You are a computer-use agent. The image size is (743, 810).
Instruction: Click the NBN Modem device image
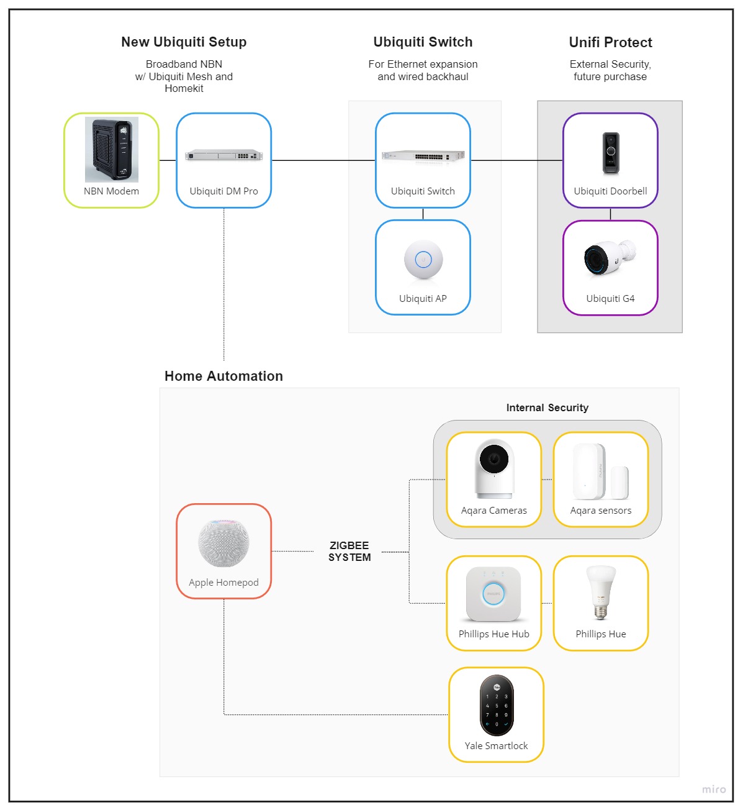click(x=112, y=149)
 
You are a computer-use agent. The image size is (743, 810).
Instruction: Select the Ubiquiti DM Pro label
click(x=223, y=191)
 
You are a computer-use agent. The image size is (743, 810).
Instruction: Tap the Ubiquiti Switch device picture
click(x=423, y=156)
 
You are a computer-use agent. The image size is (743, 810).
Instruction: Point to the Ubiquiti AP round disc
click(x=423, y=260)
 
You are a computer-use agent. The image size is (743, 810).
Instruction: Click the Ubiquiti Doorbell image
click(x=611, y=152)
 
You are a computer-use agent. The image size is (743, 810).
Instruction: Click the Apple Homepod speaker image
click(x=223, y=543)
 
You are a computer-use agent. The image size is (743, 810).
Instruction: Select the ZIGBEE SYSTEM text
click(x=349, y=552)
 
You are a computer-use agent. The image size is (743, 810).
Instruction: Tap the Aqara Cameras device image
click(x=494, y=469)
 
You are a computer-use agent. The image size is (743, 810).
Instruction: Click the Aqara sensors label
click(x=601, y=511)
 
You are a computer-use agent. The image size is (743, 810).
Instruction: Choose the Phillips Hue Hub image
click(x=493, y=594)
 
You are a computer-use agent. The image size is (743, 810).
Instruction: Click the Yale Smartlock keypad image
click(x=497, y=706)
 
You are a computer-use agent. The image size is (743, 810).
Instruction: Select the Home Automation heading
click(x=223, y=376)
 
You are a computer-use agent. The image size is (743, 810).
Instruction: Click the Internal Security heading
click(x=547, y=408)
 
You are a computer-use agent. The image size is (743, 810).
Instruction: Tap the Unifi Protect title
click(x=610, y=42)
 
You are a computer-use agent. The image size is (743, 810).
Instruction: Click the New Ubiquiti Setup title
click(x=184, y=42)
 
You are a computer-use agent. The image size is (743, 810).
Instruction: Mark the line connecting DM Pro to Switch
click(x=323, y=160)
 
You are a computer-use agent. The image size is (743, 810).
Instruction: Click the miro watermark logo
click(x=714, y=790)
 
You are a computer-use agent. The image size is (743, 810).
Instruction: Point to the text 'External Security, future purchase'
click(x=610, y=70)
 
